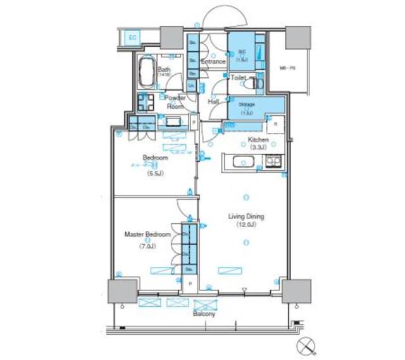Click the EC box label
tap(133, 37)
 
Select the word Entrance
tap(213, 62)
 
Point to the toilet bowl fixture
tap(256, 82)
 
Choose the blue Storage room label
tap(247, 104)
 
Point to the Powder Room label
tap(175, 102)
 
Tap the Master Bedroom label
tap(147, 234)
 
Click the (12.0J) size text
tap(246, 225)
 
